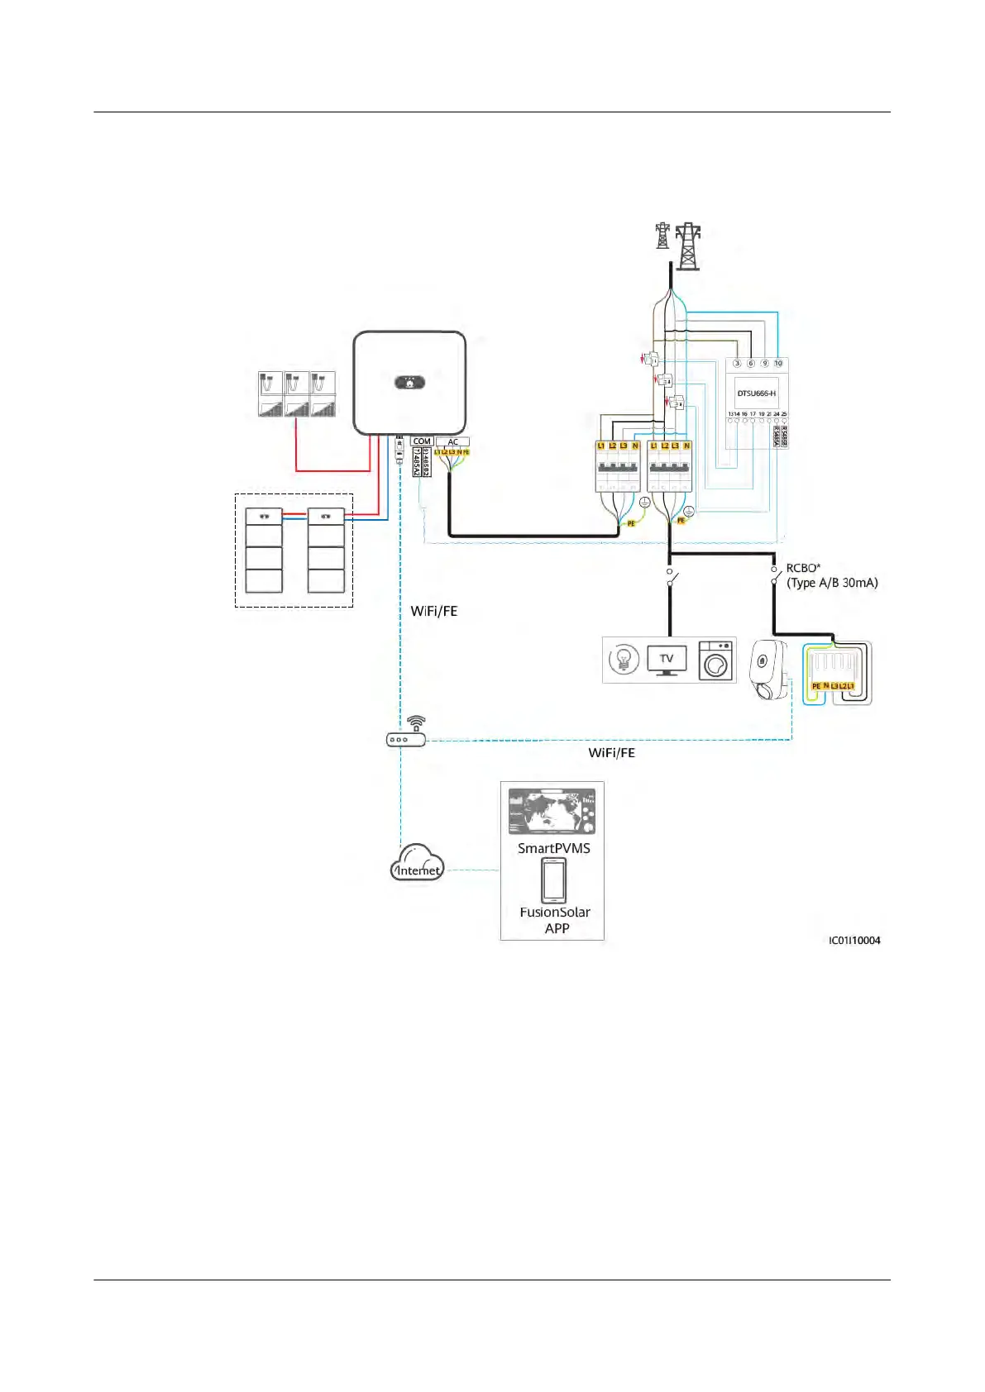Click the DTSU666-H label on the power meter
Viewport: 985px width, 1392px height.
point(756,393)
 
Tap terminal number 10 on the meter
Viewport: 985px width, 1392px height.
point(778,363)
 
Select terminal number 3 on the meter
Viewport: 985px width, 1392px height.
point(737,363)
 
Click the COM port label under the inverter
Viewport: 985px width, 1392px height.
point(422,441)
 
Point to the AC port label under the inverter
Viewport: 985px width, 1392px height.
point(452,441)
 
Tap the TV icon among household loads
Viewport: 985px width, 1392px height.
point(667,660)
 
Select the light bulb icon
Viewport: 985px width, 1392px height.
point(624,660)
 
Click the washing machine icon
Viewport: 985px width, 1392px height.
point(716,660)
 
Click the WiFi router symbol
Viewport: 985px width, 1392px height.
point(406,735)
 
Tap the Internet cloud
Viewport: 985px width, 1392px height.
point(417,865)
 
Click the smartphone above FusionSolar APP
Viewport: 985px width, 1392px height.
point(554,880)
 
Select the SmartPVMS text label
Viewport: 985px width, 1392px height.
point(554,848)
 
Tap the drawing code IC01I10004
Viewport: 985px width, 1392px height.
point(854,940)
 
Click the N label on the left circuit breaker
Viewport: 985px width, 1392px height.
point(635,446)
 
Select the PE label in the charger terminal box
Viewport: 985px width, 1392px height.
point(816,686)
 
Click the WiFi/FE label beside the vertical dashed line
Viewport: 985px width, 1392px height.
point(434,611)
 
